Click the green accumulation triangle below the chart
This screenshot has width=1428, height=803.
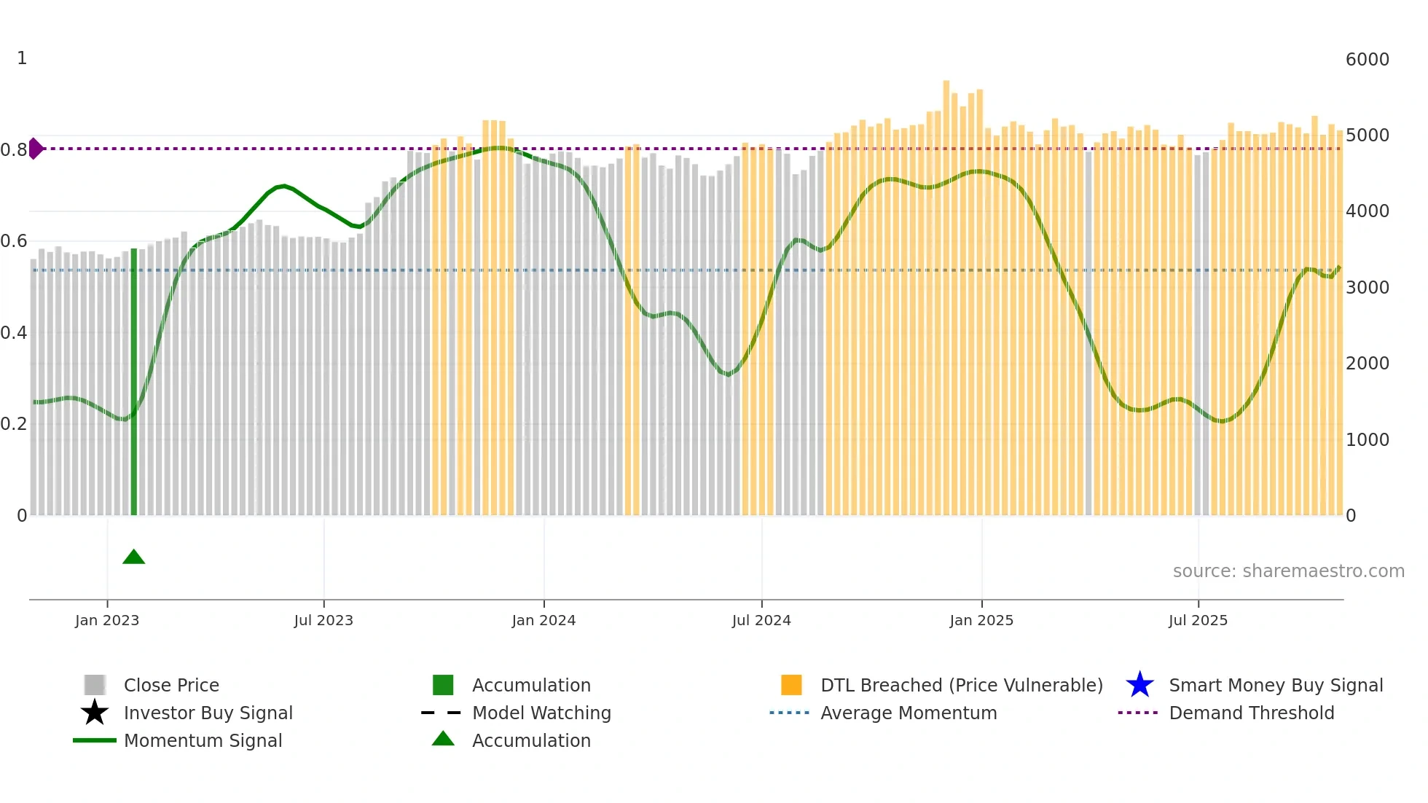134,557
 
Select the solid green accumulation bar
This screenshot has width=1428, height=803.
134,383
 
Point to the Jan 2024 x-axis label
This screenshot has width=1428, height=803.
544,621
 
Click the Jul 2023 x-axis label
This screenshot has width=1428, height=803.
323,621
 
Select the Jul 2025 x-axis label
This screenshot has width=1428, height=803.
1198,621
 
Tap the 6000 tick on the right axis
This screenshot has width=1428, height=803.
1367,60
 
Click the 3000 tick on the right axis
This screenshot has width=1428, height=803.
1367,288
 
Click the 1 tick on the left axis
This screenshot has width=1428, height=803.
22,58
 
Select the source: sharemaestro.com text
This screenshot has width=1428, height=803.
1288,571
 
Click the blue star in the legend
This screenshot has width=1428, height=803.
1139,685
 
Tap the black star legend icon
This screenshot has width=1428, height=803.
95,713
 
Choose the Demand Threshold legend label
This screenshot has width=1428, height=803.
1251,713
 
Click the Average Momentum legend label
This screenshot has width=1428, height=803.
909,713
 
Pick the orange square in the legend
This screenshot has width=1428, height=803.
791,685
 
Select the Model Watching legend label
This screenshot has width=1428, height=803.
541,713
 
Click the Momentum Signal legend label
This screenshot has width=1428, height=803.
203,740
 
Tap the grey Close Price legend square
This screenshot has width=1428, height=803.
95,685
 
